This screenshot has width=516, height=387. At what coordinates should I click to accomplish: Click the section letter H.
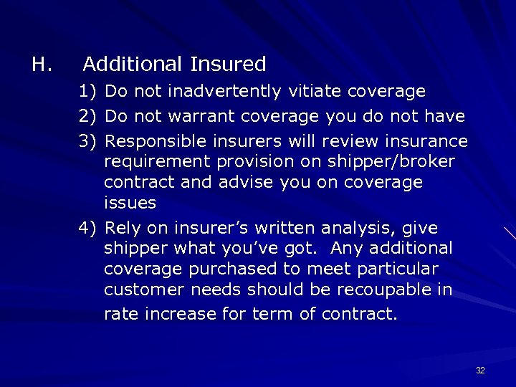tap(40, 64)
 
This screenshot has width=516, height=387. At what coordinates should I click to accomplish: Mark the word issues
tap(130, 203)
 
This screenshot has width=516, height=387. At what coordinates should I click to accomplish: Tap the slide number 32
tap(480, 371)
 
